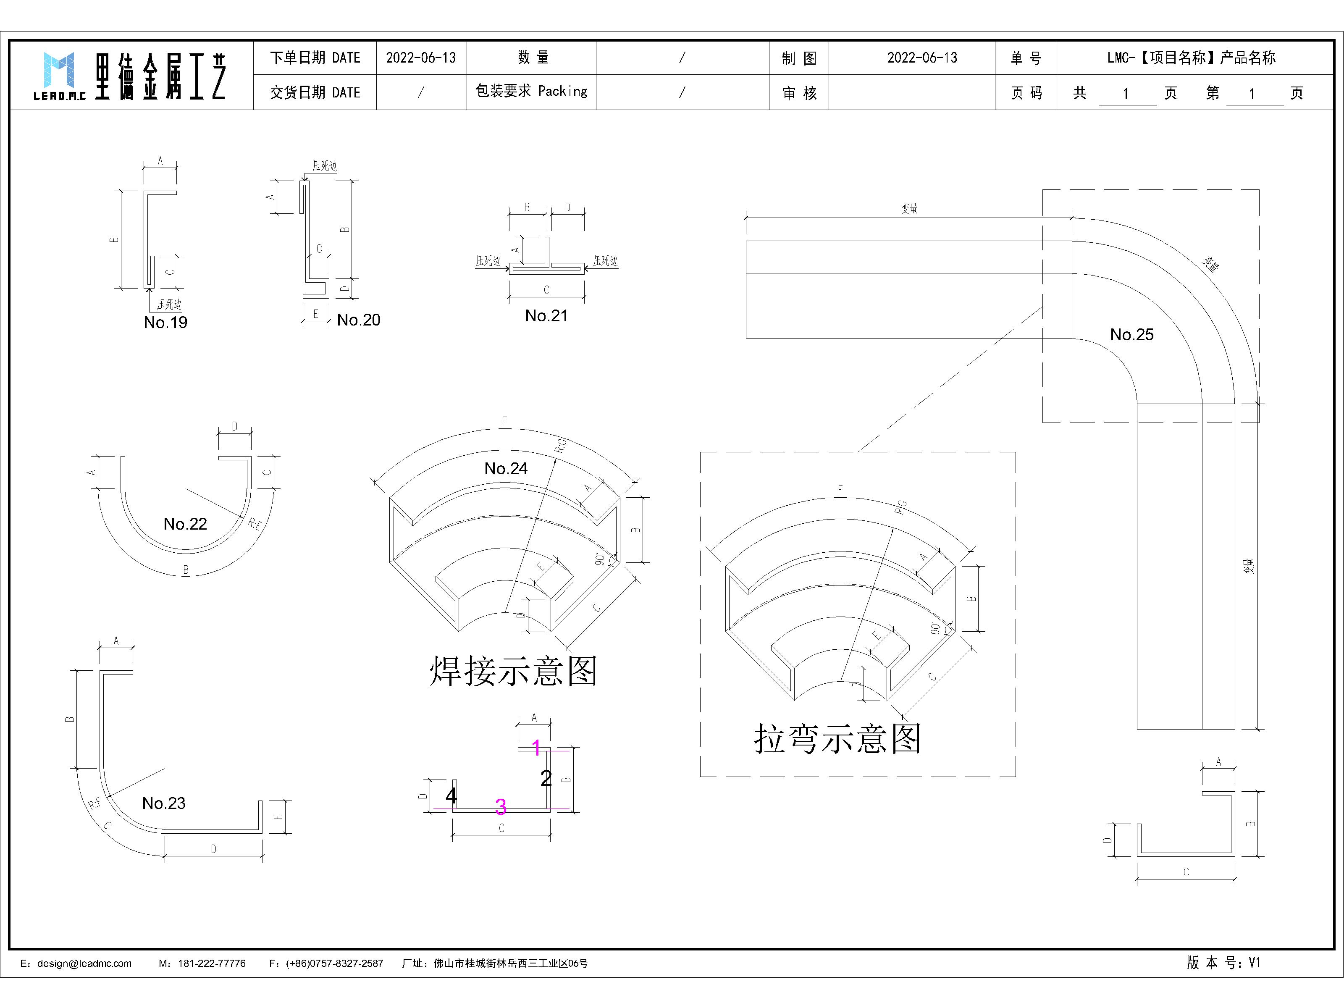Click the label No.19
coord(165,322)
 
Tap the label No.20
coord(359,320)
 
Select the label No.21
coord(546,315)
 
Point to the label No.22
coord(185,524)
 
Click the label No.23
coord(163,803)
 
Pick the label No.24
coord(506,468)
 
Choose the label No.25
coord(1131,334)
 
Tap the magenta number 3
coord(501,807)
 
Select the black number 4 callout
coord(451,795)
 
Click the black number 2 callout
coord(546,778)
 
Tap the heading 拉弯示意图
coord(837,739)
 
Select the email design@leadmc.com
coord(84,963)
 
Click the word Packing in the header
coord(563,92)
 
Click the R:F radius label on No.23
coord(94,804)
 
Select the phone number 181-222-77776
coord(211,963)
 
